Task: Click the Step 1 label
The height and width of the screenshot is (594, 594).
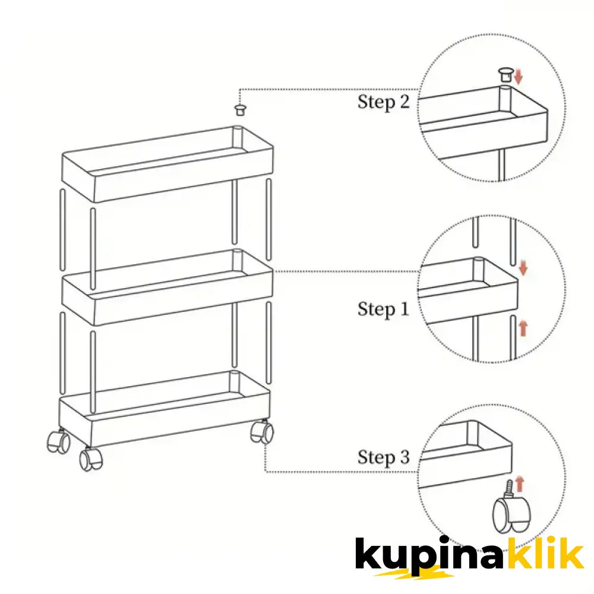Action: [383, 309]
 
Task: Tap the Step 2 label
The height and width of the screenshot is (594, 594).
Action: [383, 102]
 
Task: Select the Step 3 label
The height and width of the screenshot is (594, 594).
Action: [383, 457]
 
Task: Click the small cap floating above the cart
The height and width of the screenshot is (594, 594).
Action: [240, 110]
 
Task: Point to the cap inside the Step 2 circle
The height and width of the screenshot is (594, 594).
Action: [506, 75]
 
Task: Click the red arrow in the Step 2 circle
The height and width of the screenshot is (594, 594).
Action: [519, 76]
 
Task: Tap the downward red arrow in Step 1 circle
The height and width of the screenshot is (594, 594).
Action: [523, 268]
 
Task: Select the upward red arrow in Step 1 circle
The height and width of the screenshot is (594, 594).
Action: [523, 328]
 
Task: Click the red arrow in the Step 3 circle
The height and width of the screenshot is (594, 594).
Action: [520, 484]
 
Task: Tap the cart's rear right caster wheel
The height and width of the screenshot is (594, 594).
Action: [262, 431]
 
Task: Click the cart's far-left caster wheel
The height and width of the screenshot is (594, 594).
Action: [58, 442]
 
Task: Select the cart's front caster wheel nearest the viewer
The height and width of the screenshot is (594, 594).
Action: [91, 459]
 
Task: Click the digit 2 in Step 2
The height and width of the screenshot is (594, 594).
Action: [404, 102]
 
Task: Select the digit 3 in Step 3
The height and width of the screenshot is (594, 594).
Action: [405, 456]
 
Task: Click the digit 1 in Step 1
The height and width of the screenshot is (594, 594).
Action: [405, 309]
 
